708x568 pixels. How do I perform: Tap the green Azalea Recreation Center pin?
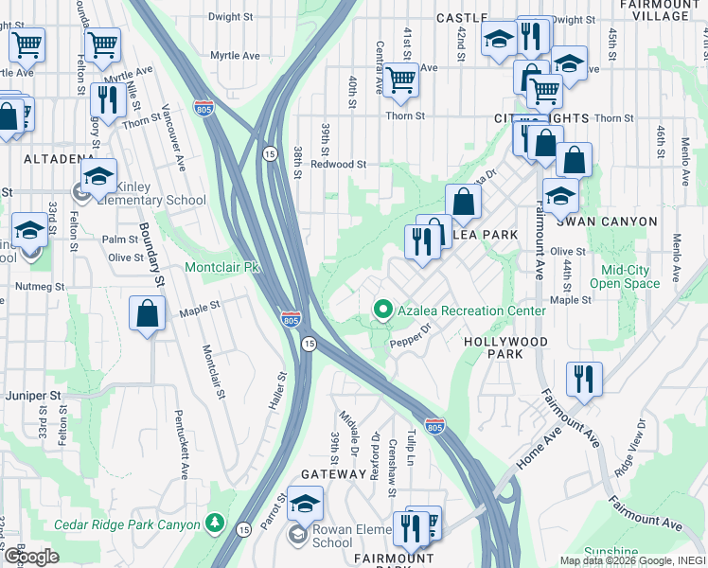pyautogui.click(x=383, y=310)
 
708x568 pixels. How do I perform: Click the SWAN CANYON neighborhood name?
pyautogui.click(x=607, y=222)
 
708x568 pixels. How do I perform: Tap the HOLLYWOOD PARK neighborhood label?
pyautogui.click(x=505, y=347)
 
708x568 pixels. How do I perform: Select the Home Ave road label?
pyautogui.click(x=539, y=453)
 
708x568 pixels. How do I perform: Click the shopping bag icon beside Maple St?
pyautogui.click(x=148, y=314)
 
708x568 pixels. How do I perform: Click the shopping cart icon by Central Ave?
pyautogui.click(x=401, y=81)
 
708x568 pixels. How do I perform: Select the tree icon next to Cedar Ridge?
pyautogui.click(x=216, y=524)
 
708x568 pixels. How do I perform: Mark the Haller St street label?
pyautogui.click(x=281, y=390)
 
